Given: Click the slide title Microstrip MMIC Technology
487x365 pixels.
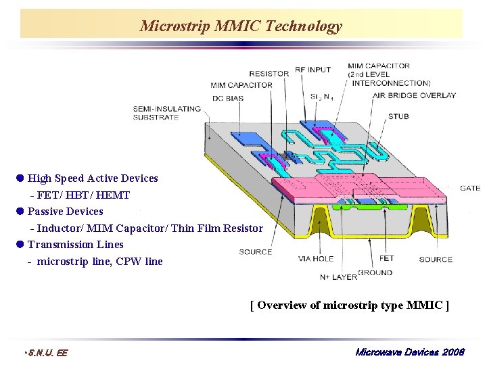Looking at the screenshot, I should (x=241, y=26).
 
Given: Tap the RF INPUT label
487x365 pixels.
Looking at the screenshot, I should (x=312, y=70).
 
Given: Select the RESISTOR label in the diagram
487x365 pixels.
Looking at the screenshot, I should (x=269, y=74).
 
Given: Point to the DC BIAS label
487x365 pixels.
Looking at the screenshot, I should (x=227, y=99).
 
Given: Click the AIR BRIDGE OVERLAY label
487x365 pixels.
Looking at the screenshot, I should (x=414, y=95).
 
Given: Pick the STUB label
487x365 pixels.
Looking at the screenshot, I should (x=398, y=116).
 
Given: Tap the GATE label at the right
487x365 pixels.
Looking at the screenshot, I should (x=470, y=188).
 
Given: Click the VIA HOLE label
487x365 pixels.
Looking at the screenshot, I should (x=316, y=258).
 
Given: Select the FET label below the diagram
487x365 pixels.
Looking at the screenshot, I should (x=387, y=258).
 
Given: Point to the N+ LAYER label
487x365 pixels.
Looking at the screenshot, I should (x=338, y=276).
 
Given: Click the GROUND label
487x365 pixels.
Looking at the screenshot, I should (x=375, y=273).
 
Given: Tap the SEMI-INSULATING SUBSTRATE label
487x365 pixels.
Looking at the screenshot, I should (x=166, y=112).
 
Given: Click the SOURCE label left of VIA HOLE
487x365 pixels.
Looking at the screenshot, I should (x=256, y=252).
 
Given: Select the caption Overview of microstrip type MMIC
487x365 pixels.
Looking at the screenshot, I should (x=349, y=305).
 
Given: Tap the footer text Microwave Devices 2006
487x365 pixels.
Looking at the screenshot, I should (x=410, y=352).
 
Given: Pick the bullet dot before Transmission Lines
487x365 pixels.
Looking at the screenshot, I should (x=20, y=244).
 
